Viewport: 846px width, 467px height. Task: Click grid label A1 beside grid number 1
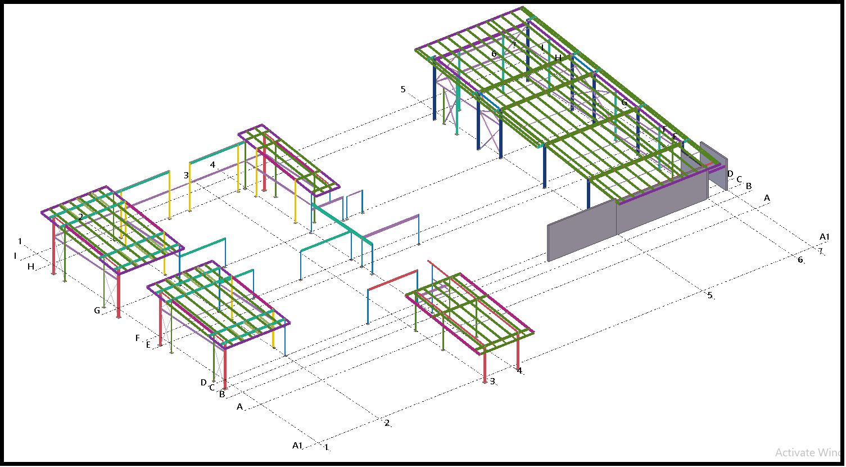297,446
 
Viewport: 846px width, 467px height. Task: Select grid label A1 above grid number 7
825,237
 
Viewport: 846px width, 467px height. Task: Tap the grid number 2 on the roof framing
81,217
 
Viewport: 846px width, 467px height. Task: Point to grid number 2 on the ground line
387,423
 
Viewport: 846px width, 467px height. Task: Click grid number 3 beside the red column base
492,381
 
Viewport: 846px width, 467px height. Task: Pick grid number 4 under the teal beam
212,165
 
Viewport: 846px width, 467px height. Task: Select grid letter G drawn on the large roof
624,102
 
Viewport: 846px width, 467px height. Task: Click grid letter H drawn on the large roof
558,58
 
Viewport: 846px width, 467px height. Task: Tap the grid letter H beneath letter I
31,267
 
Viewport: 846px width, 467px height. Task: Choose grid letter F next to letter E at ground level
138,338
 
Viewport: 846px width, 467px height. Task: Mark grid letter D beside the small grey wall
730,173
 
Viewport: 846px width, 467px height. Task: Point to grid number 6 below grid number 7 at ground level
800,259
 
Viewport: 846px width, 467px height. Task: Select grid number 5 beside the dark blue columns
403,89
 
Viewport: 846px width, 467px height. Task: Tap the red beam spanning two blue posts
392,280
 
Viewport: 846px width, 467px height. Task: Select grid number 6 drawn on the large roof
494,54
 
